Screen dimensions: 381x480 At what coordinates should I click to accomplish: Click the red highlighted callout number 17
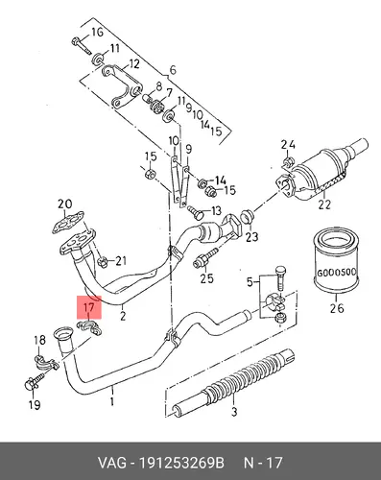click(x=88, y=308)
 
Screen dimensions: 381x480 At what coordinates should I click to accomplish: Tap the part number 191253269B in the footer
click(x=181, y=463)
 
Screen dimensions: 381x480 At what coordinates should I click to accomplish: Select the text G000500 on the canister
click(x=336, y=273)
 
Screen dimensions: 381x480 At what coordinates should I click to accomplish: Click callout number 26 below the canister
click(x=337, y=308)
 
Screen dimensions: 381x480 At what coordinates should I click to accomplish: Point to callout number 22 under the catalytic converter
click(x=324, y=204)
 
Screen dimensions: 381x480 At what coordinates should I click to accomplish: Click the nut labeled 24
click(x=288, y=161)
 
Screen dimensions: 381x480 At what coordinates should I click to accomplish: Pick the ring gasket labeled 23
click(x=247, y=216)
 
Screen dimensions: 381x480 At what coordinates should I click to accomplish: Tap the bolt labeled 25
click(x=205, y=258)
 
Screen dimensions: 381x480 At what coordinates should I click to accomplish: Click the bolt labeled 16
click(x=81, y=46)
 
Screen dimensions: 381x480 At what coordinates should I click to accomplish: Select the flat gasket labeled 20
click(x=68, y=222)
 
